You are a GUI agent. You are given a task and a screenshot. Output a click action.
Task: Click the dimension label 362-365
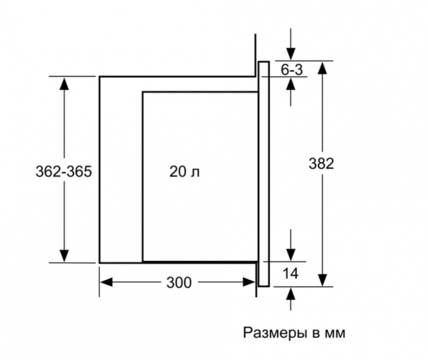coord(64,172)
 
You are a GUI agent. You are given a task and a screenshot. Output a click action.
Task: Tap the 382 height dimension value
coord(321,164)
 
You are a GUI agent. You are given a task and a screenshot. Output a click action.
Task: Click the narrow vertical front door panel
coord(263,174)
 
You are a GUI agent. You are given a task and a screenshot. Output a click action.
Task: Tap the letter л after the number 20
coord(200,172)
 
